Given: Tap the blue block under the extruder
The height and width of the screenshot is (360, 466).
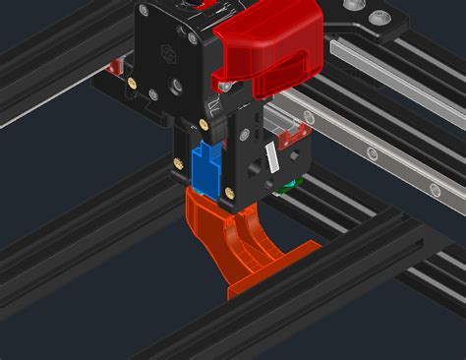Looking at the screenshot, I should (x=208, y=169).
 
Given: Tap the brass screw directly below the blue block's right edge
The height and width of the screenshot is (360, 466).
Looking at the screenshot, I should (x=224, y=195).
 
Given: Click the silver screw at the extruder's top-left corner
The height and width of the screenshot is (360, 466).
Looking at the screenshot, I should (x=144, y=11).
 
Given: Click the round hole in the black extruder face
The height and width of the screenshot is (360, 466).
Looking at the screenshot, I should (x=177, y=88).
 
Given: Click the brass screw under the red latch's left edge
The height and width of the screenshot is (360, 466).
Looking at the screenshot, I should (x=204, y=124).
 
